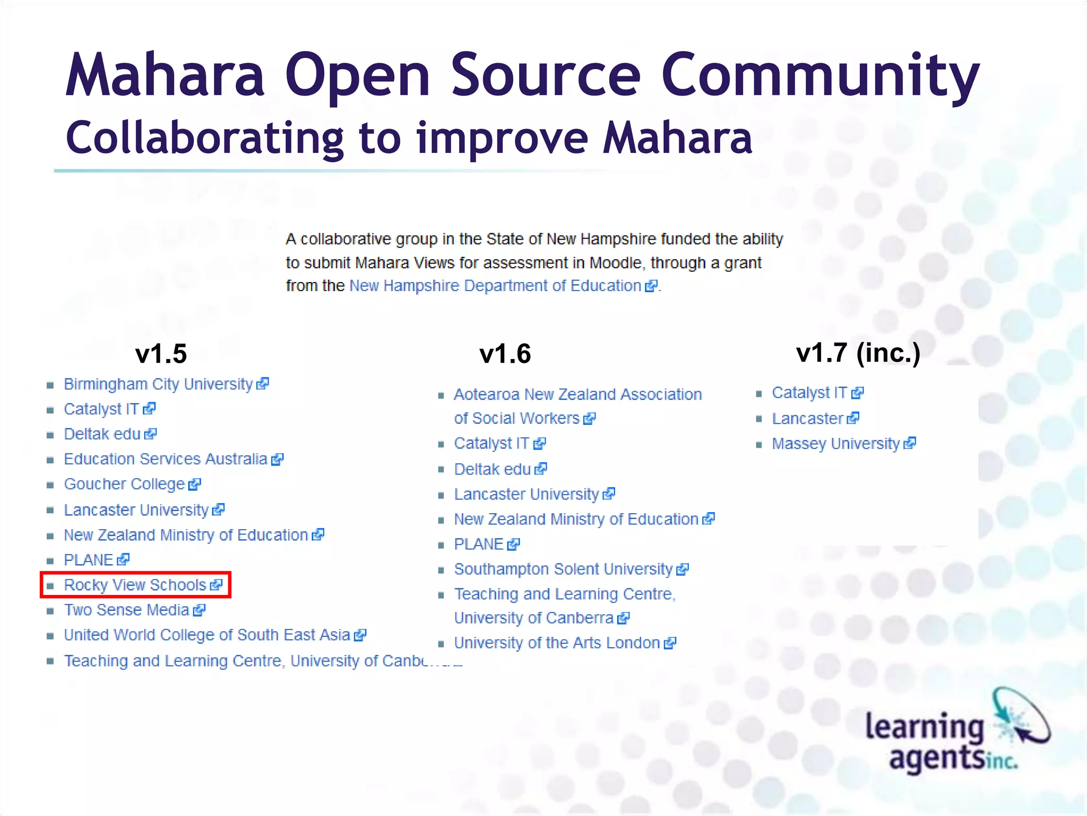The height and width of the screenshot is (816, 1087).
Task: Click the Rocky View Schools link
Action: (135, 585)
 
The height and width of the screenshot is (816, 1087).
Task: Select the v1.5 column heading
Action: (161, 354)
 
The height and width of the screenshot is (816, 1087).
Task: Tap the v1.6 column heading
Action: (505, 354)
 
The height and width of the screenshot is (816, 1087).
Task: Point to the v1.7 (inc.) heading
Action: (858, 353)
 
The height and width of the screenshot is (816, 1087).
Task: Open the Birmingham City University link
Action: (158, 384)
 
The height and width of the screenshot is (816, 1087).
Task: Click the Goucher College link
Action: (124, 484)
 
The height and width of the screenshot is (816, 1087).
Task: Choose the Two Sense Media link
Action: (126, 610)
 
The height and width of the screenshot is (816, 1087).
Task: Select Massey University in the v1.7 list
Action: (836, 444)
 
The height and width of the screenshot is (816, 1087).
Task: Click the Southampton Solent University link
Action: (563, 569)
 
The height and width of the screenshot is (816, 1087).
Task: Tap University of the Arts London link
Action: (557, 643)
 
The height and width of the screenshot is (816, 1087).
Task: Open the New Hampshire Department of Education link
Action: (495, 286)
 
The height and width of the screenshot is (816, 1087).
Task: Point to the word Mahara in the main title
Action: (165, 75)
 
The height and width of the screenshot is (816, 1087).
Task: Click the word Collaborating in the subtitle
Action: (204, 138)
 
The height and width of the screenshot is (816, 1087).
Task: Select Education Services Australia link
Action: (166, 459)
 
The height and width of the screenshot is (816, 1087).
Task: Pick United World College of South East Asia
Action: (207, 635)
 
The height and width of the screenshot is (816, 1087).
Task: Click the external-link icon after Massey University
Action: (910, 443)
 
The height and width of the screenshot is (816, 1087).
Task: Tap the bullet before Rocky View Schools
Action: (50, 586)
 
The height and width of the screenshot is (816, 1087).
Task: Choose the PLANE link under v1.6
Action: (478, 544)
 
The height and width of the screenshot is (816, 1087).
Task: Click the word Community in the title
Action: (820, 75)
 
